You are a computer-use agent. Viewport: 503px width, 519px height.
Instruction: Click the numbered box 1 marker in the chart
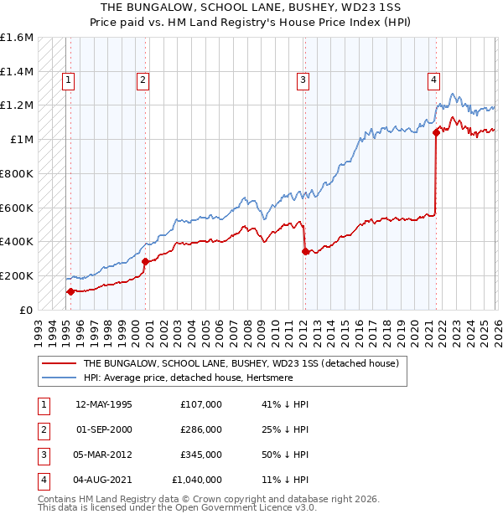pos(68,80)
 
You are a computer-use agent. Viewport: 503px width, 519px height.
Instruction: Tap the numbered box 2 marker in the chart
pos(143,80)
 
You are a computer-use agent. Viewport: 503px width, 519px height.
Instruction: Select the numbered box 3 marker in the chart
pos(303,80)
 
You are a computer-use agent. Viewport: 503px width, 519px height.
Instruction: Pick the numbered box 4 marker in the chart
pos(434,80)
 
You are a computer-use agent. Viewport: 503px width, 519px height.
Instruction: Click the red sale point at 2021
pos(436,132)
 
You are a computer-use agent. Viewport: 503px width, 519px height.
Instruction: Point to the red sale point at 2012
pos(304,250)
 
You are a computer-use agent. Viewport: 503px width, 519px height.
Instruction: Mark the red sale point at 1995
pos(70,291)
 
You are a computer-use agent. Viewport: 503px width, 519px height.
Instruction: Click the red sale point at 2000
pos(145,261)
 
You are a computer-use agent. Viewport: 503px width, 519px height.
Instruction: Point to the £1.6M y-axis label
pos(17,38)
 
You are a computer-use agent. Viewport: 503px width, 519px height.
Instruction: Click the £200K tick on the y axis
pos(17,275)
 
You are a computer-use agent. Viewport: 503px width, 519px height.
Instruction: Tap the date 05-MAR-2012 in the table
pos(104,455)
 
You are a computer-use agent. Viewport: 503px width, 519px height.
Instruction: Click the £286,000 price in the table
pos(201,429)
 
